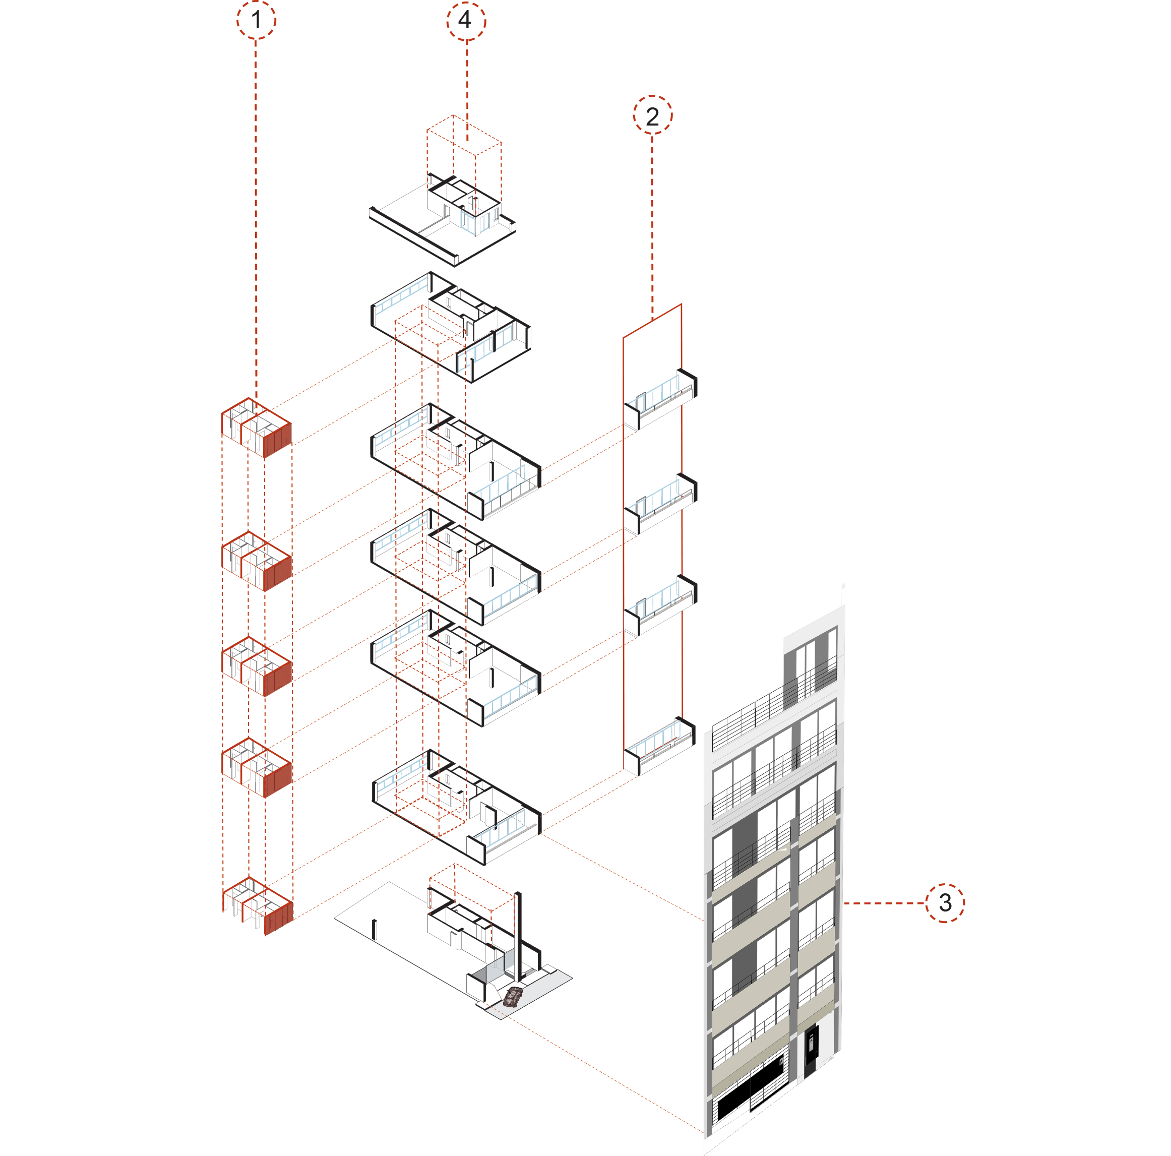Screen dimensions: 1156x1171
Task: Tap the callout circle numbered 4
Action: (466, 21)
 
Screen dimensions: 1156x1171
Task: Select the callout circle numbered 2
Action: (652, 115)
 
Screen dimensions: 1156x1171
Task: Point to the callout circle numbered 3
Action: (944, 902)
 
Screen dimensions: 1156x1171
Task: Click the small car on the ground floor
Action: (513, 997)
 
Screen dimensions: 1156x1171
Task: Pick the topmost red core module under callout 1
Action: (257, 428)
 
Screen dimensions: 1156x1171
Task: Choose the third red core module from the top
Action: (257, 665)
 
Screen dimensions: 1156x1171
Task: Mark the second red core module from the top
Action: (257, 561)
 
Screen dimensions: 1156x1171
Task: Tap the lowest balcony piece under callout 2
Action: (659, 745)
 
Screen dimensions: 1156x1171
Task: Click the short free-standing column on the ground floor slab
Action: (374, 929)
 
